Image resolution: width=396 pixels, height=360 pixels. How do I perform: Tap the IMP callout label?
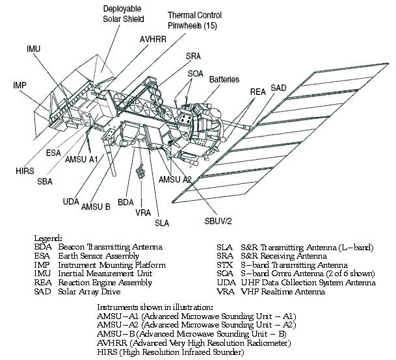[x=20, y=85]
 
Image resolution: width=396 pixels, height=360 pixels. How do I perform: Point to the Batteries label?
[x=224, y=79]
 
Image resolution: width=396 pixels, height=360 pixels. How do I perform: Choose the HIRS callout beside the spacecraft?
[x=23, y=170]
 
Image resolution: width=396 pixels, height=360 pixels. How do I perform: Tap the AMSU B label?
[x=96, y=207]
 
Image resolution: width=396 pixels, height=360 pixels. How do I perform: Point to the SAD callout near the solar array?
[x=278, y=87]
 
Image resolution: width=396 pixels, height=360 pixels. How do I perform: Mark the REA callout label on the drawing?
[x=257, y=92]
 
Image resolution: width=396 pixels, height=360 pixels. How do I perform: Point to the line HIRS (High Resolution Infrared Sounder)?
[x=170, y=352]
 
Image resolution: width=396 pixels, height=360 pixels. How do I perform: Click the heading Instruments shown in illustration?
[x=155, y=306]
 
